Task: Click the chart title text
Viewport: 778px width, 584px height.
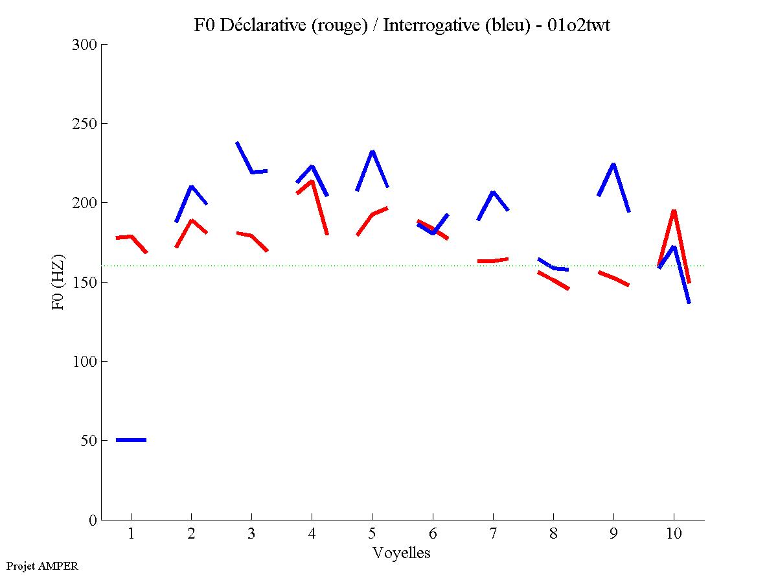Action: tap(402, 25)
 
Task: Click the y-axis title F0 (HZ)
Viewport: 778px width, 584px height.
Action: tap(58, 281)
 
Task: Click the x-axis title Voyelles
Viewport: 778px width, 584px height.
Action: tap(402, 553)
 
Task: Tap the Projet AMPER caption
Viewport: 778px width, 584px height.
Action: tap(42, 566)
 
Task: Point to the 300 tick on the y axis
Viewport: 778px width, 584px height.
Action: tap(85, 45)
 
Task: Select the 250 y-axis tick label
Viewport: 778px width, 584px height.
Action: tap(85, 124)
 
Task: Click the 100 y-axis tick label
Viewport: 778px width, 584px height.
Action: tap(85, 362)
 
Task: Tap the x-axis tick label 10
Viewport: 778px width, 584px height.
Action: tap(674, 533)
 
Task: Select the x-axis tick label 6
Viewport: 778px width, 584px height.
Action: tap(433, 533)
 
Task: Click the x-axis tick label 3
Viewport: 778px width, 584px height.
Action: tap(251, 533)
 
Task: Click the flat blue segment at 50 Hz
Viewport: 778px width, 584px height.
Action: tap(132, 440)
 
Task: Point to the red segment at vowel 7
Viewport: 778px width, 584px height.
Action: tap(493, 261)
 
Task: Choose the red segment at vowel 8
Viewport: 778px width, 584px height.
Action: tap(553, 281)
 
